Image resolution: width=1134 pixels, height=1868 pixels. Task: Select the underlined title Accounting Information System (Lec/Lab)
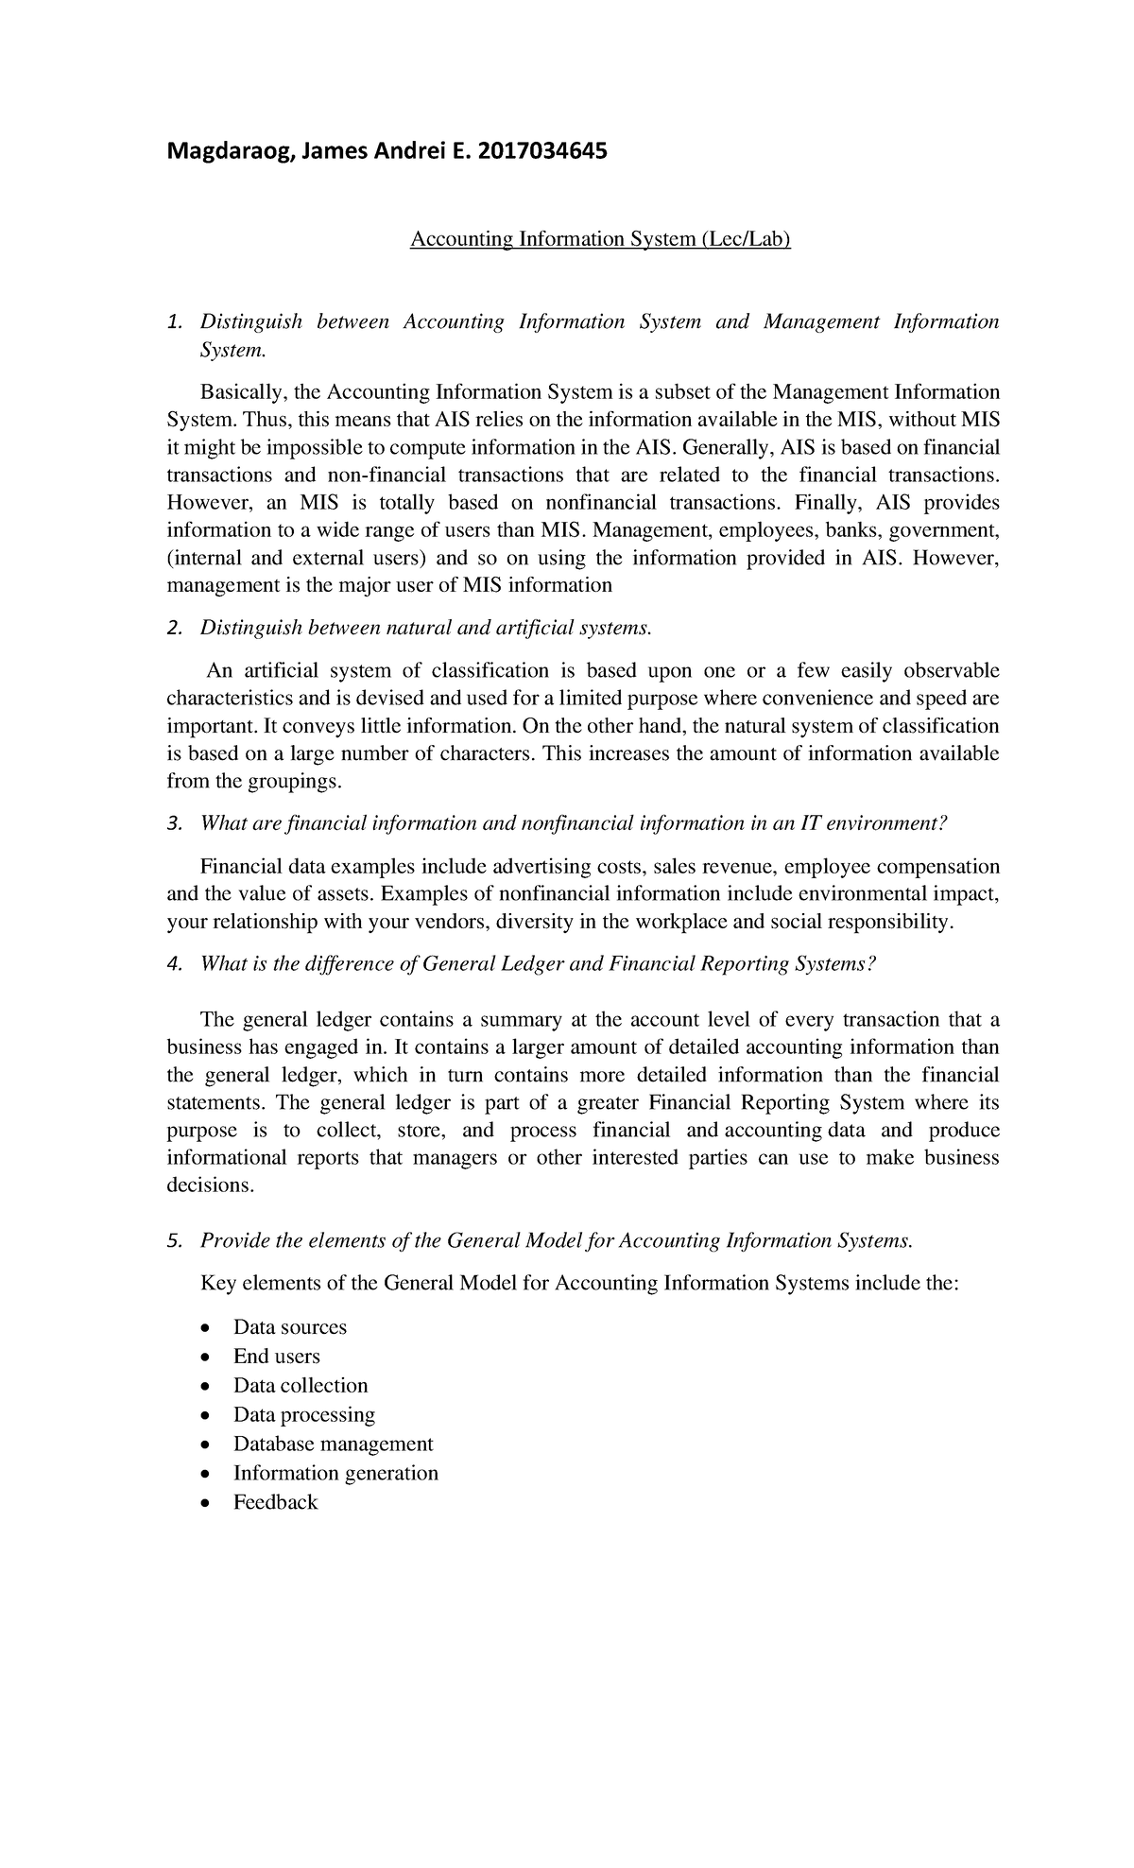coord(600,239)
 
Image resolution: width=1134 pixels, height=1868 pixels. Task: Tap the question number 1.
coord(172,322)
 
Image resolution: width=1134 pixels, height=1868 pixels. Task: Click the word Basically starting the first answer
coord(237,391)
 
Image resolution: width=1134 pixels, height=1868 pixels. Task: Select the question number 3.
coord(172,823)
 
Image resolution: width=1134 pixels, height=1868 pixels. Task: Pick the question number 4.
coord(172,964)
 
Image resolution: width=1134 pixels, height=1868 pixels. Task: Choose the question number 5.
coord(172,1240)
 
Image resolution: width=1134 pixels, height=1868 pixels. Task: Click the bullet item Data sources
coord(290,1326)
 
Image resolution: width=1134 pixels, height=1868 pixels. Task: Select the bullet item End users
coord(277,1356)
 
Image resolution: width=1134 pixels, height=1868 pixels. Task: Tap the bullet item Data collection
coord(301,1385)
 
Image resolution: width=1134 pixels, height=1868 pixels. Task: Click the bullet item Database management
coord(333,1444)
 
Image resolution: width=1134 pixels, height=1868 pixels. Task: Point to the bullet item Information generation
coord(335,1473)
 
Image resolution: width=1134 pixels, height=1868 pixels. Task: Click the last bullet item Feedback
coord(275,1502)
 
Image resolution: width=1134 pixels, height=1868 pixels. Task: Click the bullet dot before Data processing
coord(206,1415)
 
